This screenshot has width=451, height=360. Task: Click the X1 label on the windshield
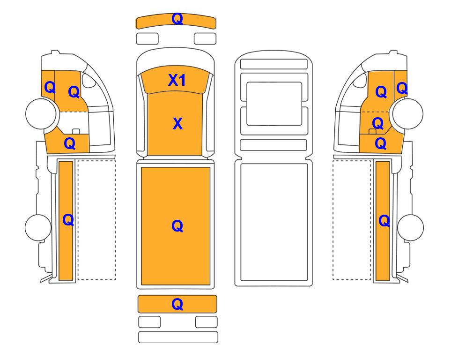pyautogui.click(x=177, y=80)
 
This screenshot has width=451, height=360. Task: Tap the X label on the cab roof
pyautogui.click(x=177, y=124)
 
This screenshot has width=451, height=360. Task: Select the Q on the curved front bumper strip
pyautogui.click(x=177, y=19)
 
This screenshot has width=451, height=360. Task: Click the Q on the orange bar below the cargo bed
pyautogui.click(x=177, y=304)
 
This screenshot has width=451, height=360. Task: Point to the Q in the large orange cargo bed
pyautogui.click(x=177, y=226)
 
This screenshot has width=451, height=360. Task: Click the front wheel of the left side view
pyautogui.click(x=41, y=113)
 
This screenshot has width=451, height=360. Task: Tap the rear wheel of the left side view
pyautogui.click(x=38, y=227)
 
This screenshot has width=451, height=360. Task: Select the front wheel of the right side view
pyautogui.click(x=407, y=113)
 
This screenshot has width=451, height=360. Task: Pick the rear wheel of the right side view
pyautogui.click(x=410, y=227)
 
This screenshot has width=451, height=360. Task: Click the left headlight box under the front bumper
pyautogui.click(x=147, y=39)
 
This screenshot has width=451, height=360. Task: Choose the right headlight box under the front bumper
pyautogui.click(x=205, y=39)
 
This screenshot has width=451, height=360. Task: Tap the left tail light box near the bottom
pyautogui.click(x=149, y=322)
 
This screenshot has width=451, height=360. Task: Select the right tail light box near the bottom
pyautogui.click(x=206, y=322)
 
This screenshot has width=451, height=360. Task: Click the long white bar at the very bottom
pyautogui.click(x=178, y=337)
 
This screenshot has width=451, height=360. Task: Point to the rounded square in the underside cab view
pyautogui.click(x=274, y=104)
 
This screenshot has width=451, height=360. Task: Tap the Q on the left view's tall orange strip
pyautogui.click(x=68, y=220)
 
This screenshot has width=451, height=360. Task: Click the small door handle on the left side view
pyautogui.click(x=76, y=131)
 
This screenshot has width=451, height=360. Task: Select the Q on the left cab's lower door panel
pyautogui.click(x=70, y=143)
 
